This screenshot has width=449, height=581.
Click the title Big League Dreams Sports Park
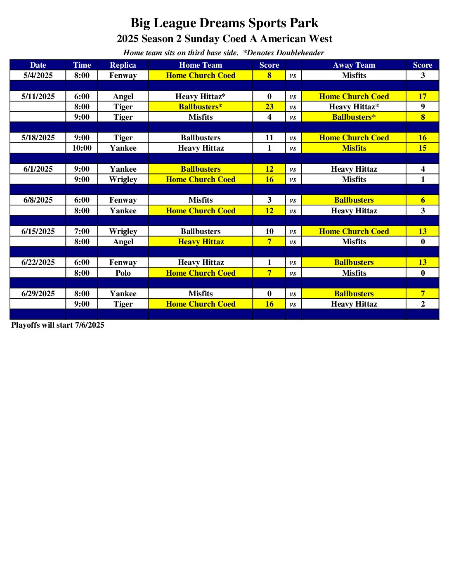[224, 23]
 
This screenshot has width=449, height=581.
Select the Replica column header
[123, 65]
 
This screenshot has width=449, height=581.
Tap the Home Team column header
[201, 65]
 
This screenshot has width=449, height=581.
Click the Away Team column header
[354, 65]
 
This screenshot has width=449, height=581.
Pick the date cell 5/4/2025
[38, 76]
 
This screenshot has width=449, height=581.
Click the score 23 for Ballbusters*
[269, 106]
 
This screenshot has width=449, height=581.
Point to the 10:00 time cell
[82, 148]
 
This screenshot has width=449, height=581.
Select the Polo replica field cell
[123, 273]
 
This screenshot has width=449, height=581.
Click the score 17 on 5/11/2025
[423, 96]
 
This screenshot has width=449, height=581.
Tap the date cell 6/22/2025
[38, 262]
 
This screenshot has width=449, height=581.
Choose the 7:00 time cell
[82, 231]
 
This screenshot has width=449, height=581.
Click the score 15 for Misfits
[423, 148]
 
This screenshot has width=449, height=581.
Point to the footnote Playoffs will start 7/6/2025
[58, 325]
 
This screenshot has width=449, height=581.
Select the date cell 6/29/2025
[38, 293]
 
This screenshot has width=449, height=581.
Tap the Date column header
[38, 65]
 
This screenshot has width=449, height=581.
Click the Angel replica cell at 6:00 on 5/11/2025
[123, 96]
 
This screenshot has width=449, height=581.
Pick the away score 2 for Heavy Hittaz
[423, 304]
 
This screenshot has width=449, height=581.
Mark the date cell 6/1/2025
[38, 169]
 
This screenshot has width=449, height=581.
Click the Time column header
[82, 65]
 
